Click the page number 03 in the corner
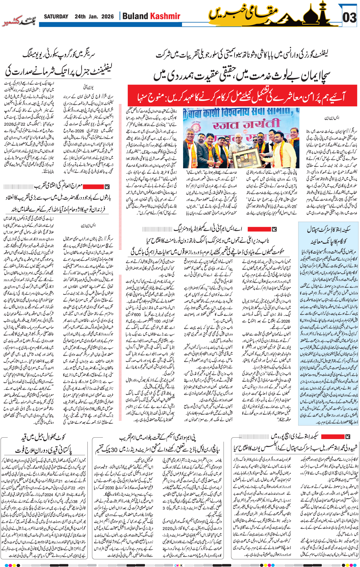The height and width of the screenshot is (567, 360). (349, 17)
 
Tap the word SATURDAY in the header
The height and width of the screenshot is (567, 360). (56, 17)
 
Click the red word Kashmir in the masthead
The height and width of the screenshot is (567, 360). (165, 16)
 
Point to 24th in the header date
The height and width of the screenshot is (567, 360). (80, 17)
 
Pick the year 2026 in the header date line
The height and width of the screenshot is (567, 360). (108, 17)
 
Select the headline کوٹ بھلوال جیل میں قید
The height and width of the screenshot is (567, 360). (43, 437)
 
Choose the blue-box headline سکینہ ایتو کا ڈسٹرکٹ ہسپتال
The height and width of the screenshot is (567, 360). (329, 230)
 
